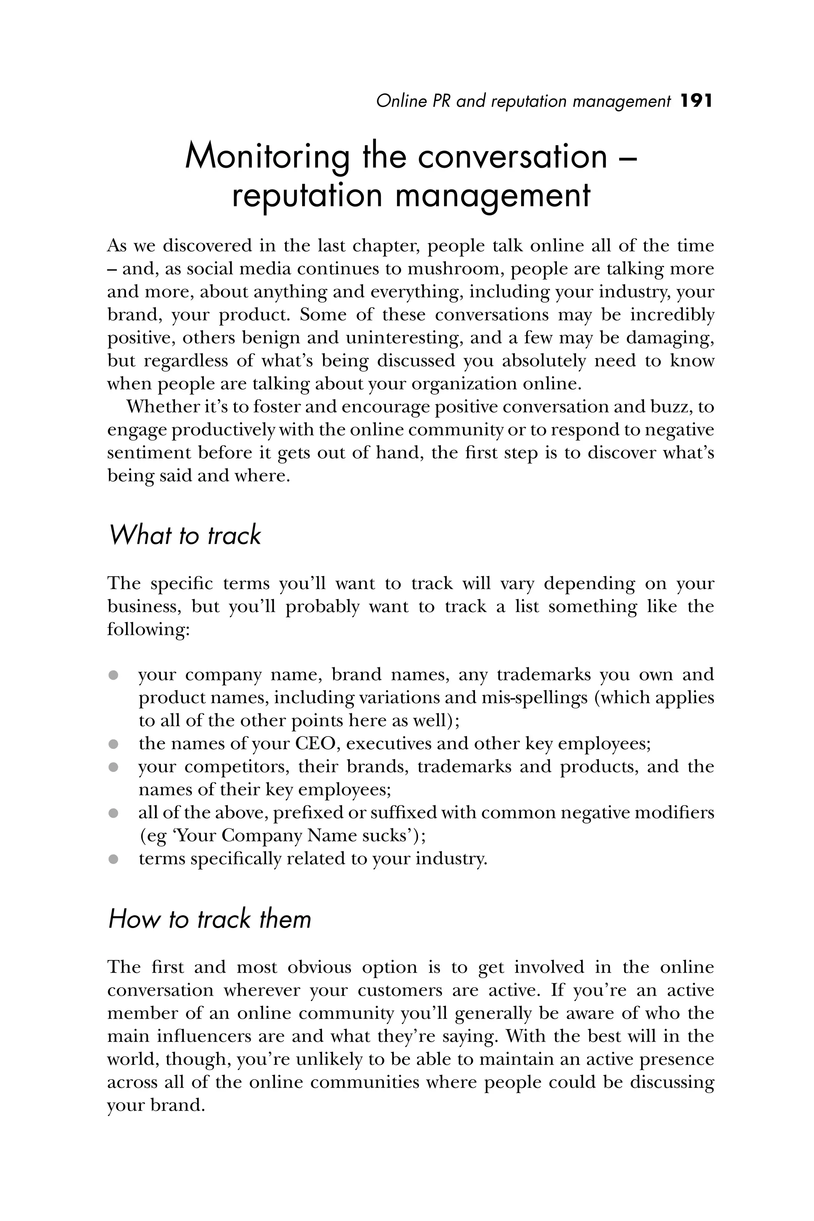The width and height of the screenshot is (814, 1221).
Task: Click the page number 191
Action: [696, 101]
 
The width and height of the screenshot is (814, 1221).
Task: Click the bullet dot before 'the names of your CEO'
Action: [113, 744]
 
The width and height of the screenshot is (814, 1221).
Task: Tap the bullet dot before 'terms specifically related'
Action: [113, 859]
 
